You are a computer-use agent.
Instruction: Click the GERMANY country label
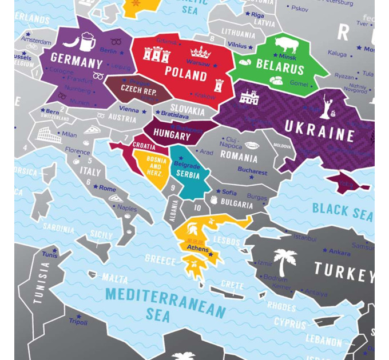[76, 59]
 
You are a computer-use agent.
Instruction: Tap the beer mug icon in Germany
[88, 41]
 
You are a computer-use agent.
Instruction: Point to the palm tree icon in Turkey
[284, 261]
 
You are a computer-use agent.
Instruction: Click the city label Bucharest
[252, 171]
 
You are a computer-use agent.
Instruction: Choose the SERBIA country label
[188, 174]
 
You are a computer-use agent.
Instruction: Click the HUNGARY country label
[172, 137]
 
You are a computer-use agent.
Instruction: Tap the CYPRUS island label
[289, 322]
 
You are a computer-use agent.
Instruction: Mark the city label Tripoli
[78, 321]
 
